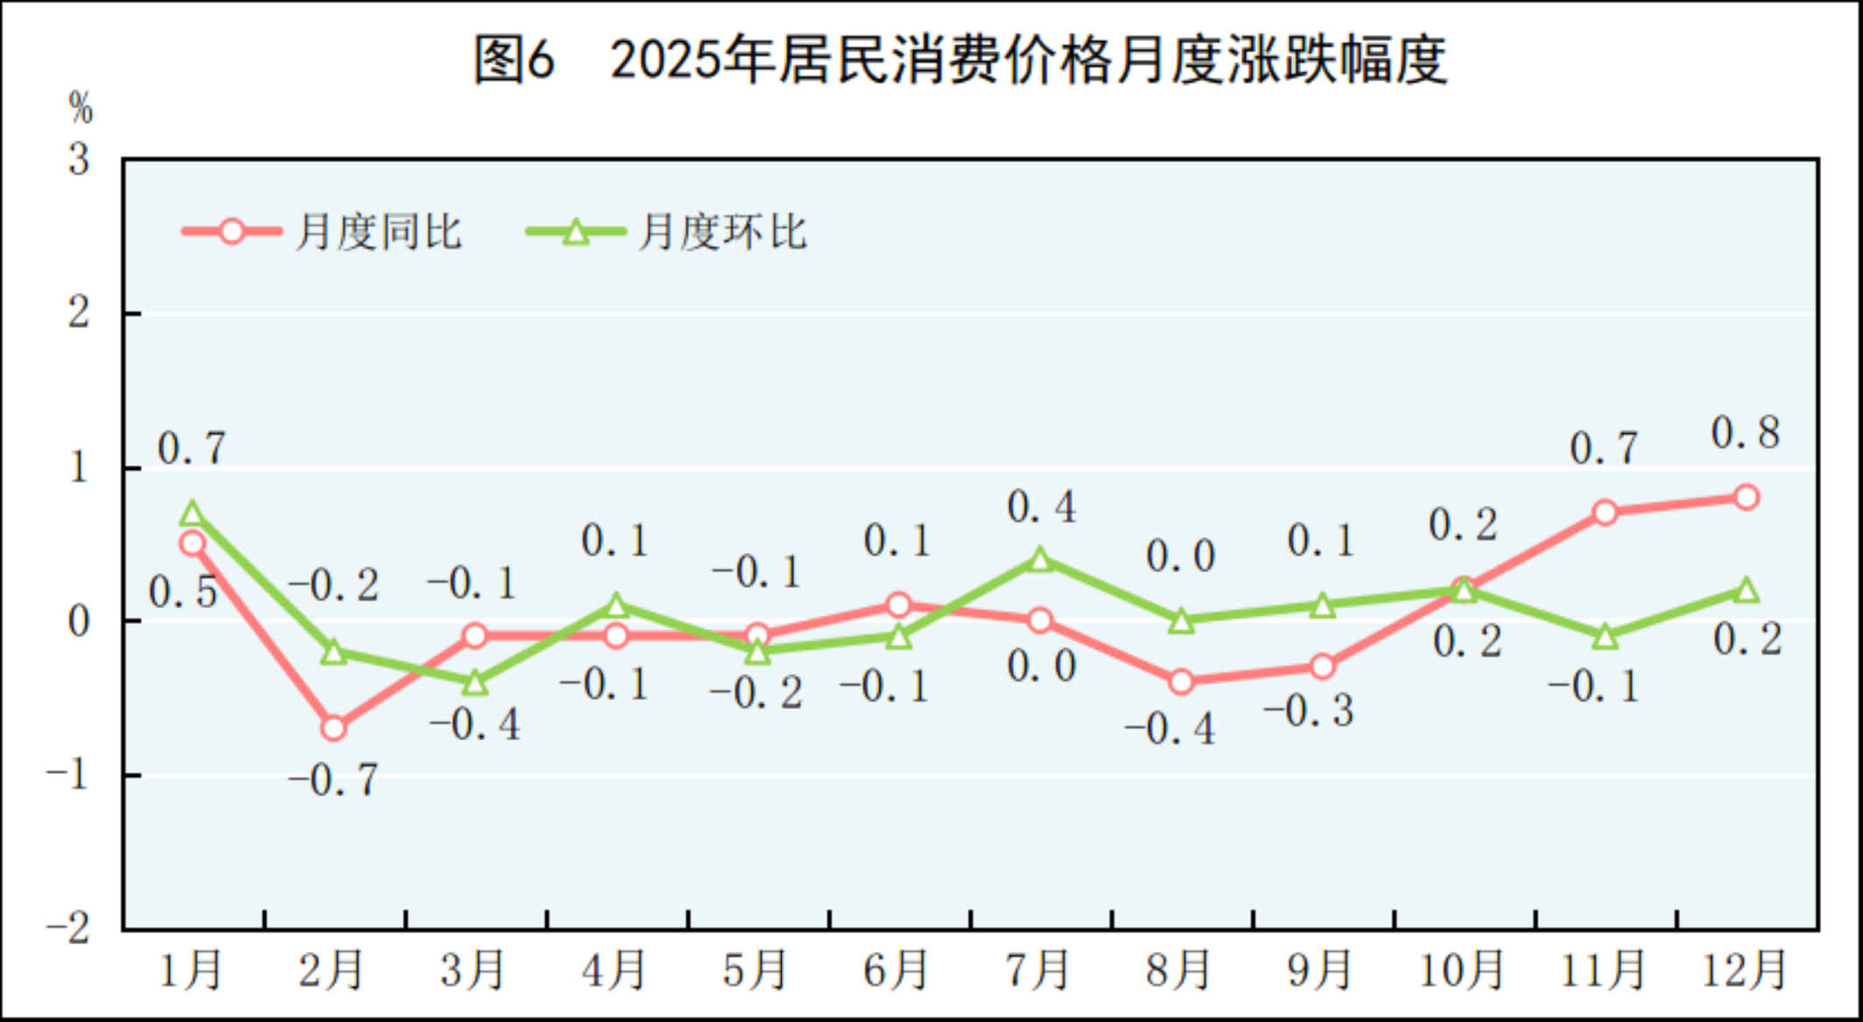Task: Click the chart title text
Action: (x=960, y=59)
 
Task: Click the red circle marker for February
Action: (x=334, y=728)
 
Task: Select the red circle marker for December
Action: (x=1746, y=497)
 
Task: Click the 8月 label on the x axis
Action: (x=1178, y=969)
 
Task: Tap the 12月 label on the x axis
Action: (x=1743, y=969)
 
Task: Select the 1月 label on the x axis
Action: (x=190, y=969)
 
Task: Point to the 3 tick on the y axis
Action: (x=80, y=159)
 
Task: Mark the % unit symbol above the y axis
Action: (x=81, y=108)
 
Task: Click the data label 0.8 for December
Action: (x=1746, y=433)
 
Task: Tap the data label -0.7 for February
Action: (x=334, y=780)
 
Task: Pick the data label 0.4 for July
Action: (x=1041, y=507)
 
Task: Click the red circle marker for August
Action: (x=1181, y=682)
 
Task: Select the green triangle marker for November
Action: (x=1605, y=637)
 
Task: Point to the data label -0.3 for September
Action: (x=1309, y=710)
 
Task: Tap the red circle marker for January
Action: (x=193, y=543)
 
